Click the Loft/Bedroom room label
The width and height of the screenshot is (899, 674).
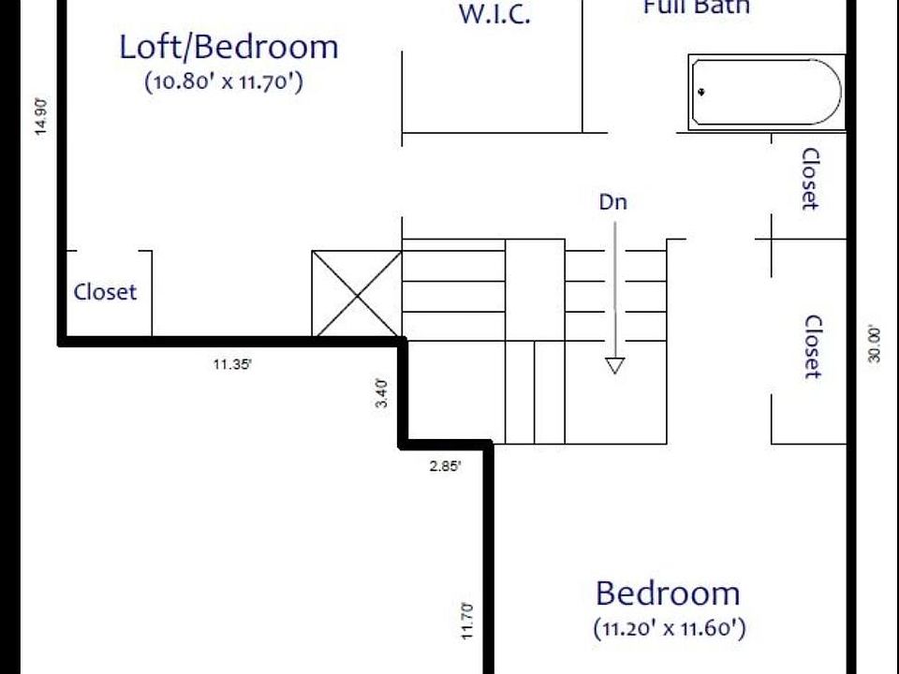[228, 47]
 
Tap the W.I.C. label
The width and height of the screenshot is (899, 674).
[494, 15]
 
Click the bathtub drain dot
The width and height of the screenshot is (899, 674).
[701, 92]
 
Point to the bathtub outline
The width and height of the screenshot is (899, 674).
[766, 92]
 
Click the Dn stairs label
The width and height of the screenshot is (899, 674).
[613, 201]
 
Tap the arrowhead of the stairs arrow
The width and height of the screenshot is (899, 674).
[614, 365]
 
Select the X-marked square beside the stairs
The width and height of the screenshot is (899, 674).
[356, 293]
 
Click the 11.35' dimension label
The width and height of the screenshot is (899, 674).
[232, 365]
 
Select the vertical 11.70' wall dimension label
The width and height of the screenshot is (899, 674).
[467, 621]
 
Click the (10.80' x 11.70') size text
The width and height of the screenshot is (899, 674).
[223, 82]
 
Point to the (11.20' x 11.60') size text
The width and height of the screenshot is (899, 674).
[670, 627]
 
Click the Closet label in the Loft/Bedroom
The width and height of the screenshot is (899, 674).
[105, 292]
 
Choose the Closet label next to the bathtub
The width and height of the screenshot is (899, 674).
[810, 179]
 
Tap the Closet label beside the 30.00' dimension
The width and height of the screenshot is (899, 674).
[812, 346]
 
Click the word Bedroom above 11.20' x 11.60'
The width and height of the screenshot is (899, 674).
[668, 593]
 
